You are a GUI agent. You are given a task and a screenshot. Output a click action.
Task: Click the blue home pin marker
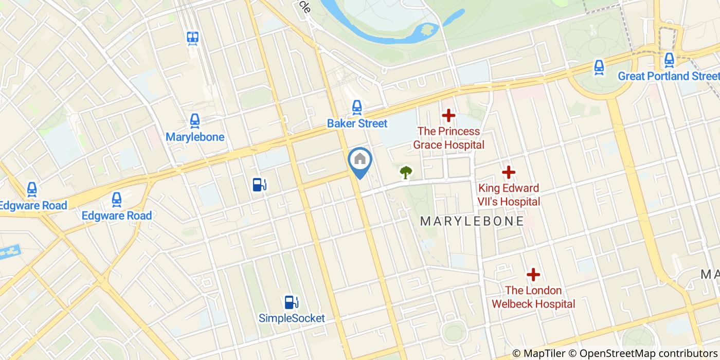[360, 160]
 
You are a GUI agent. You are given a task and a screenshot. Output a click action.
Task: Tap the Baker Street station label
[357, 124]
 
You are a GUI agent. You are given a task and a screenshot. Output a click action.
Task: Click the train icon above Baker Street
[357, 107]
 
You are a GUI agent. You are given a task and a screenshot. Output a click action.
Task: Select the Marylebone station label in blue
[195, 137]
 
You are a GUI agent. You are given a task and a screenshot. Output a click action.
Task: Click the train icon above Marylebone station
[194, 121]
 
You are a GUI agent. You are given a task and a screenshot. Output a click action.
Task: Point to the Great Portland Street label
[669, 76]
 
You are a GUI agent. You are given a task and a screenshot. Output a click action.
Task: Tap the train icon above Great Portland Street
[669, 60]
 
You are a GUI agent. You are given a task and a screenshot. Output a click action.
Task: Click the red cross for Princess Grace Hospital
[448, 115]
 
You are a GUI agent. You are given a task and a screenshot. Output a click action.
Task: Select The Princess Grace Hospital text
[448, 138]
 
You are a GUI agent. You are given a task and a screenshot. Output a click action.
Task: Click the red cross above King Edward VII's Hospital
[509, 172]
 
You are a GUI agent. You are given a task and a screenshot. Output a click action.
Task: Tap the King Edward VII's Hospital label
[509, 195]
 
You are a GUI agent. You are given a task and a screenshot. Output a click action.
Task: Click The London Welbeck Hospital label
[533, 297]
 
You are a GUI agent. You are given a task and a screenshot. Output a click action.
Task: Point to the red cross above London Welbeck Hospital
[533, 275]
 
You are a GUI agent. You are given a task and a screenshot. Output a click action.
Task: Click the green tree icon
[406, 172]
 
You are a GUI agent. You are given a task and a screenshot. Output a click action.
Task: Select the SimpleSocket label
[292, 318]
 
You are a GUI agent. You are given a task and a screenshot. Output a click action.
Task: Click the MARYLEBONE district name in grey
[472, 222]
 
